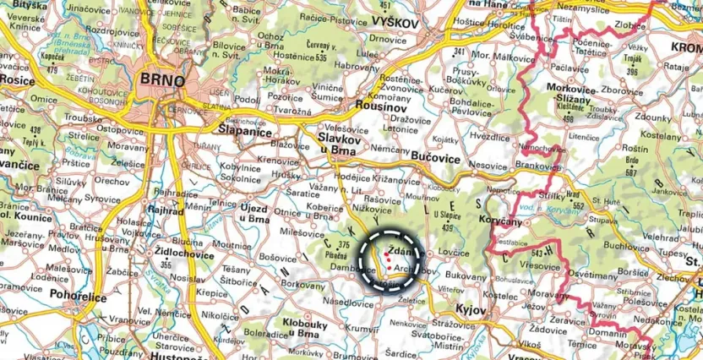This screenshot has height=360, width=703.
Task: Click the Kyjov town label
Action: [469, 310]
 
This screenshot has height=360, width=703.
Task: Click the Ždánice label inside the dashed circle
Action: [401, 251]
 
